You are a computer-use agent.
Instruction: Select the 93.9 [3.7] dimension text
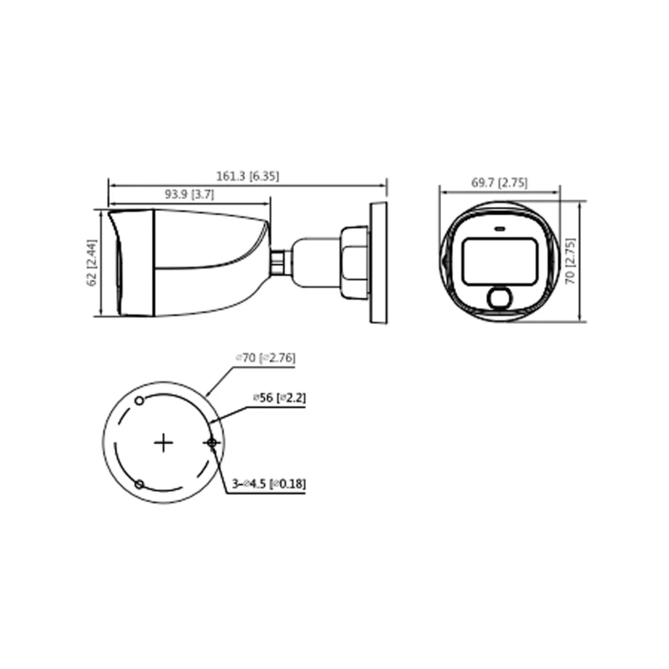pyautogui.click(x=189, y=194)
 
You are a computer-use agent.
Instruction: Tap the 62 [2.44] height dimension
pyautogui.click(x=92, y=263)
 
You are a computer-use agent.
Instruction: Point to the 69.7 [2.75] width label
pyautogui.click(x=499, y=183)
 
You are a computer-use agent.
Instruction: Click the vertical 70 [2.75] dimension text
pyautogui.click(x=570, y=261)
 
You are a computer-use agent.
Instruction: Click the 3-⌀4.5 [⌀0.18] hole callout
pyautogui.click(x=269, y=484)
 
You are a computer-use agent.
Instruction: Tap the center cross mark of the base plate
pyautogui.click(x=163, y=443)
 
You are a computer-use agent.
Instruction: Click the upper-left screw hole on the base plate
pyautogui.click(x=139, y=400)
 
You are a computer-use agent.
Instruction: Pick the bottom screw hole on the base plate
pyautogui.click(x=139, y=484)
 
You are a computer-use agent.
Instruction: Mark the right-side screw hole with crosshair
pyautogui.click(x=212, y=443)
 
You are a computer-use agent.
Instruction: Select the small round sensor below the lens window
pyautogui.click(x=500, y=298)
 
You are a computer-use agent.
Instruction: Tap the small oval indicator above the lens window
pyautogui.click(x=500, y=229)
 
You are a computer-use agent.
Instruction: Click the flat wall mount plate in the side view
pyautogui.click(x=379, y=263)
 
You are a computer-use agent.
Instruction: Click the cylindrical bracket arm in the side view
pyautogui.click(x=314, y=263)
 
